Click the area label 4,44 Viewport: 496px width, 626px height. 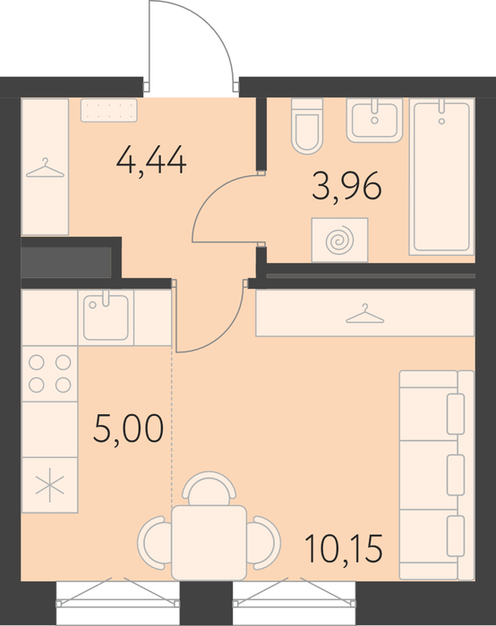pos(151,160)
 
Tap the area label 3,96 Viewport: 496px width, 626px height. pos(346,186)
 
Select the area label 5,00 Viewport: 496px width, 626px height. pos(128,428)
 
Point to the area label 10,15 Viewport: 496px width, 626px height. pos(343,548)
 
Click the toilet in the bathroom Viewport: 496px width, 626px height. pos(307,126)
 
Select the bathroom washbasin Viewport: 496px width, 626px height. pos(374,120)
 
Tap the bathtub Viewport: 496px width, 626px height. pos(441,176)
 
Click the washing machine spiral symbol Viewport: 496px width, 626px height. pos(339,241)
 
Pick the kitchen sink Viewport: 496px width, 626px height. pos(106,317)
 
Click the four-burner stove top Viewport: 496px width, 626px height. pos(49,374)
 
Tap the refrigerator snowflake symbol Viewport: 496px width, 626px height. pos(49,485)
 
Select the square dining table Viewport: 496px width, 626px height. pos(209,543)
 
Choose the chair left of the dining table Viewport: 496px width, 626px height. pos(154,543)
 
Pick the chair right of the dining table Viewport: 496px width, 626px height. pos(264,543)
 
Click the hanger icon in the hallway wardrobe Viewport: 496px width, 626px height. pos(45,168)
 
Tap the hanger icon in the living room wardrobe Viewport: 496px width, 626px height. pos(365,313)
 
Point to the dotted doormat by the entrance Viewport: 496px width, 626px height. pos(108,110)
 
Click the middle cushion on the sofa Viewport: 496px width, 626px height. pos(455,475)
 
